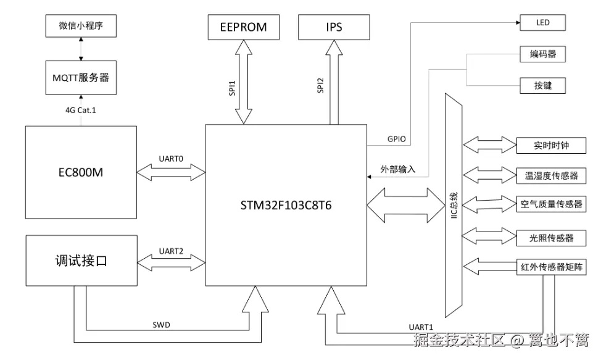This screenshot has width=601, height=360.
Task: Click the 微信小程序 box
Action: (x=81, y=27)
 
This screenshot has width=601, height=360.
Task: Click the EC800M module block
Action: (x=80, y=172)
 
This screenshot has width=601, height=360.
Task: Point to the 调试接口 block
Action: (x=80, y=261)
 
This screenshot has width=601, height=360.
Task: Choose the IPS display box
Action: (x=333, y=27)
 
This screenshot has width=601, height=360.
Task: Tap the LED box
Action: (x=543, y=23)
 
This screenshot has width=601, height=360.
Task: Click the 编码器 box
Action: (x=543, y=54)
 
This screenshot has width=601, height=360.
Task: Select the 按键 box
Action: (x=543, y=85)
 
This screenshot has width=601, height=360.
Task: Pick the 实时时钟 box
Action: (x=550, y=146)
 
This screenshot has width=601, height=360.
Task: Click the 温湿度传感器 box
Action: (x=550, y=175)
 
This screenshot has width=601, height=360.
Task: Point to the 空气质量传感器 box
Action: (x=550, y=204)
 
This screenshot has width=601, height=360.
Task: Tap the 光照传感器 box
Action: (x=550, y=237)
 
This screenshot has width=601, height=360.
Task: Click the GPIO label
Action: (x=396, y=139)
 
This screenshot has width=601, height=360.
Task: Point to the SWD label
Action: (x=162, y=324)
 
